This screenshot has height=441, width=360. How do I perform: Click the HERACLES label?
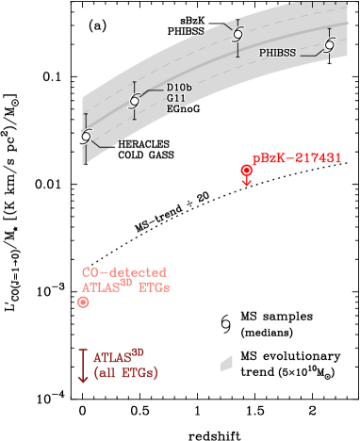(x=143, y=145)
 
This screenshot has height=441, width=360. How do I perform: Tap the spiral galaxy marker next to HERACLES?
(x=85, y=137)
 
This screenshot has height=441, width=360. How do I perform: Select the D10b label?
(x=179, y=87)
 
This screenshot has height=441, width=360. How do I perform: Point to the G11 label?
(x=175, y=97)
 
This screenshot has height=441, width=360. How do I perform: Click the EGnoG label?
(x=183, y=108)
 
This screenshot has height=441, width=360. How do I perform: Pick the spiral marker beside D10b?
(x=135, y=101)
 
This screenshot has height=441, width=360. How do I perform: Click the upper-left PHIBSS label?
(x=186, y=31)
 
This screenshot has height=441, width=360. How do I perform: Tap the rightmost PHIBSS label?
(x=278, y=53)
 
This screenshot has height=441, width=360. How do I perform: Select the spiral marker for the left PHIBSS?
(x=237, y=34)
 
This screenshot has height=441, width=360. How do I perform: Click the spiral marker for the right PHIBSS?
(x=329, y=44)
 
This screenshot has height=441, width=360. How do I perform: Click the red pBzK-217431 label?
(x=296, y=157)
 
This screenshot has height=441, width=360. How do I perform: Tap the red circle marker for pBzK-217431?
(x=247, y=171)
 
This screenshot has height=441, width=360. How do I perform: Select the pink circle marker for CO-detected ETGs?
(x=83, y=302)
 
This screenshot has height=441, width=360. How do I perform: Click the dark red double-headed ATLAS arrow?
(x=83, y=365)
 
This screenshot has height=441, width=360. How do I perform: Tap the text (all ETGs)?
(x=125, y=373)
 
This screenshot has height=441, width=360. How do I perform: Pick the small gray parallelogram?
(x=226, y=363)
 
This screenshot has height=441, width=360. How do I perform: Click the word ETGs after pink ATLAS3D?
(x=155, y=287)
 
